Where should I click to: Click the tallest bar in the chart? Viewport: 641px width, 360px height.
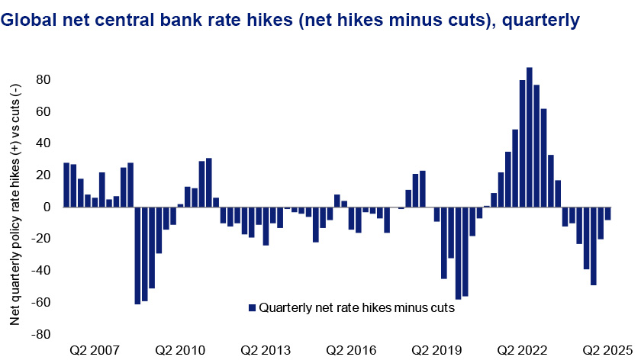click(x=530, y=137)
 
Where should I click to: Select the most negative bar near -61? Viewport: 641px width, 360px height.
click(x=137, y=256)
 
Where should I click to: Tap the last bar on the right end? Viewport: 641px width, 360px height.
click(x=608, y=214)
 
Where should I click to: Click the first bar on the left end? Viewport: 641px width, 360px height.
click(x=66, y=185)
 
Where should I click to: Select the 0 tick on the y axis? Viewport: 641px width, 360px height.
click(x=47, y=207)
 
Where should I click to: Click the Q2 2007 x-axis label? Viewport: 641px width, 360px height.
click(x=95, y=350)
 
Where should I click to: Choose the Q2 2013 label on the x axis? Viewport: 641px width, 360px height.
click(x=266, y=350)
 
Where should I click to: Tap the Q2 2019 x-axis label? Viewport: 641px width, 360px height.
click(x=437, y=350)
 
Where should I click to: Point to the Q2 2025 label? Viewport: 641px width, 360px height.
click(x=608, y=350)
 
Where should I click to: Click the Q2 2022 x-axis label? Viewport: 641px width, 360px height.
click(x=523, y=350)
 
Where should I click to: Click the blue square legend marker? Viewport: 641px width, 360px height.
click(x=253, y=308)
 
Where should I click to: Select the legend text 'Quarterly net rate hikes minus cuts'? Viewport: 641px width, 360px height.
click(x=357, y=308)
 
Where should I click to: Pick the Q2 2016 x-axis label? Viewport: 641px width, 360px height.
click(x=352, y=350)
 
